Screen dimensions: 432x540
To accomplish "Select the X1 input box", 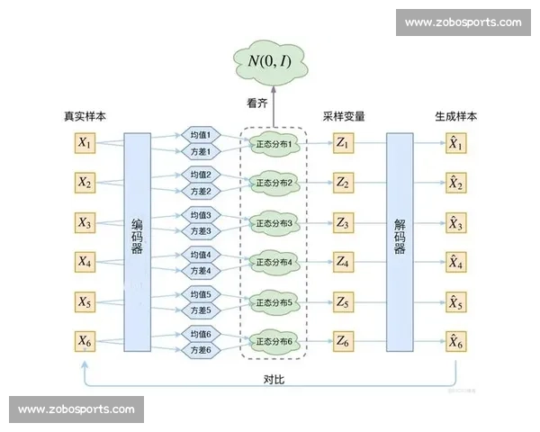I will click(x=85, y=143).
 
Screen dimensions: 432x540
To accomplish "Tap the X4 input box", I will click(x=85, y=262).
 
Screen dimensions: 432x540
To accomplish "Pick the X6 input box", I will click(x=85, y=341).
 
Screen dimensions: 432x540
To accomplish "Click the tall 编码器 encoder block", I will click(x=137, y=242).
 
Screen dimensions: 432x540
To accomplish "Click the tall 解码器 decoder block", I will click(x=400, y=242).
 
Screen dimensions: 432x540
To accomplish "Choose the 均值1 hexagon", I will click(x=201, y=134).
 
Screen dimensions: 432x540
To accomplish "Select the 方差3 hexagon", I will click(x=201, y=231).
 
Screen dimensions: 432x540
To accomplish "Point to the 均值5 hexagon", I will click(x=201, y=293).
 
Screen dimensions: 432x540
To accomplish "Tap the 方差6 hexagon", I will click(x=201, y=350).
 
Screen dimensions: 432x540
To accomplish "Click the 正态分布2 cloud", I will click(x=274, y=183).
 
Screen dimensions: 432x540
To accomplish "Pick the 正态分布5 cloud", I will click(x=274, y=301).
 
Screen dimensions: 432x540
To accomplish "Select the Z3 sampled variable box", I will click(x=344, y=222).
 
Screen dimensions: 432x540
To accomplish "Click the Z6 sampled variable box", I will click(x=344, y=341).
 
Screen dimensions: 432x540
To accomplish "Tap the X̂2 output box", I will click(x=456, y=183).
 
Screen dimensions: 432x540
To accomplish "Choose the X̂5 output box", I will click(x=456, y=301).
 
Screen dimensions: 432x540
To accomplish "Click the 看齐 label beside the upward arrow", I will click(x=258, y=103).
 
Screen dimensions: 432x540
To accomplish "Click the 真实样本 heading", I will click(x=85, y=117).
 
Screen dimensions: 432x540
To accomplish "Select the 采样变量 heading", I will click(x=344, y=117).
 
